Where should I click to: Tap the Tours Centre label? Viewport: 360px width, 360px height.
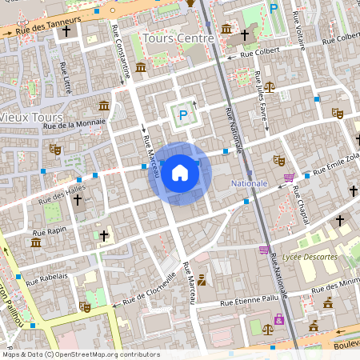click(x=178, y=38)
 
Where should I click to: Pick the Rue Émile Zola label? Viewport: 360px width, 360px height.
click(x=332, y=166)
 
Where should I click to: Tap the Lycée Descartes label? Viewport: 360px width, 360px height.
click(x=310, y=257)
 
